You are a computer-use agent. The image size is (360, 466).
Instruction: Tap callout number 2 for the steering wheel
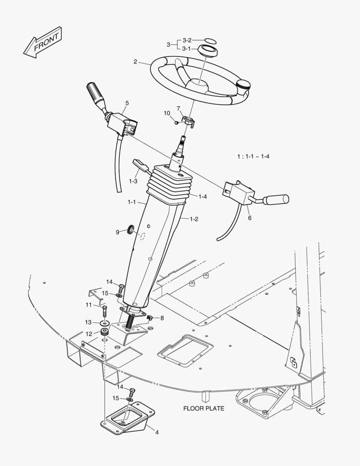(x=135, y=62)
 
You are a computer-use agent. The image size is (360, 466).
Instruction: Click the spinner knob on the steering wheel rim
(x=244, y=84)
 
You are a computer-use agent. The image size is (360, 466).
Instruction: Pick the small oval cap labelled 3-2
(x=209, y=41)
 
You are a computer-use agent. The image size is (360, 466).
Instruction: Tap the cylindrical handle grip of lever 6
(x=275, y=200)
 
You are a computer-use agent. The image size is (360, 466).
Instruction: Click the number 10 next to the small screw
(x=167, y=113)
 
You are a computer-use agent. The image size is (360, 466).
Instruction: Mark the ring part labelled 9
(x=130, y=230)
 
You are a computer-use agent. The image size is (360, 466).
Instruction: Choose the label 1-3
(x=133, y=181)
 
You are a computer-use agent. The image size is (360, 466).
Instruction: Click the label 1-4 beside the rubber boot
(x=202, y=196)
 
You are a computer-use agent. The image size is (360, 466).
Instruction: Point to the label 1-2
(x=194, y=219)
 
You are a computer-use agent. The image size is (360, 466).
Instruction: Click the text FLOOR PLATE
(x=203, y=408)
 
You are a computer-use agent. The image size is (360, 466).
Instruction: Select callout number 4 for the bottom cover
(x=157, y=432)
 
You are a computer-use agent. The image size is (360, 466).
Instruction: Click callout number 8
(x=162, y=318)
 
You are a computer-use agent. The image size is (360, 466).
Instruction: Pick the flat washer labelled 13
(x=104, y=323)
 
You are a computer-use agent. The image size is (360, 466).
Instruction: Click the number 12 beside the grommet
(x=88, y=333)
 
